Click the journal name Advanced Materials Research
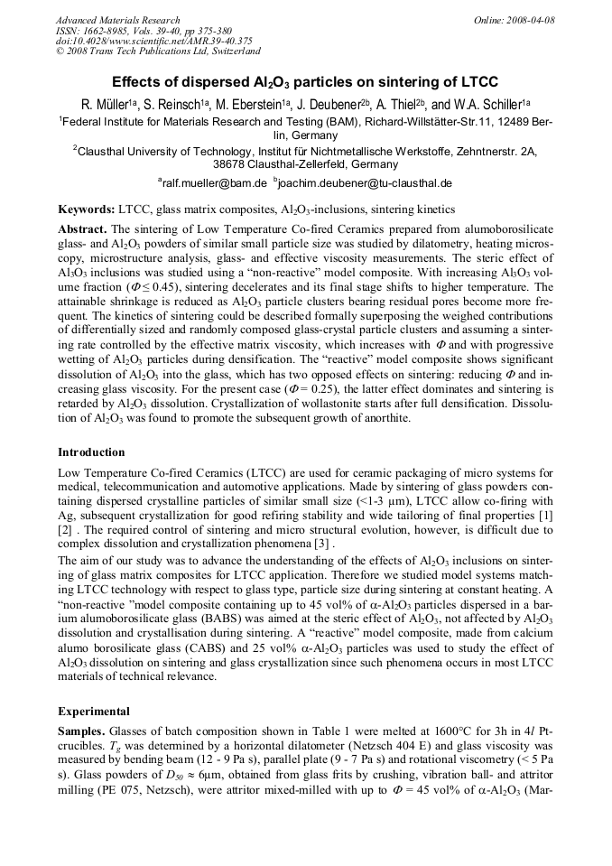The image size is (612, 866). pos(117,20)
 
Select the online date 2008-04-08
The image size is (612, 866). pos(533,20)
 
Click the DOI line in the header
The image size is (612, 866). pos(153,41)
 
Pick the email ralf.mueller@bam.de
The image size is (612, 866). pos(214,182)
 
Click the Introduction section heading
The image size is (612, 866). pos(91,452)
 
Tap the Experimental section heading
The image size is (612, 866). pos(93,711)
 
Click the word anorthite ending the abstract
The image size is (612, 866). pos(385,419)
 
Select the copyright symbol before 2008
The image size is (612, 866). pos(60,51)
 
